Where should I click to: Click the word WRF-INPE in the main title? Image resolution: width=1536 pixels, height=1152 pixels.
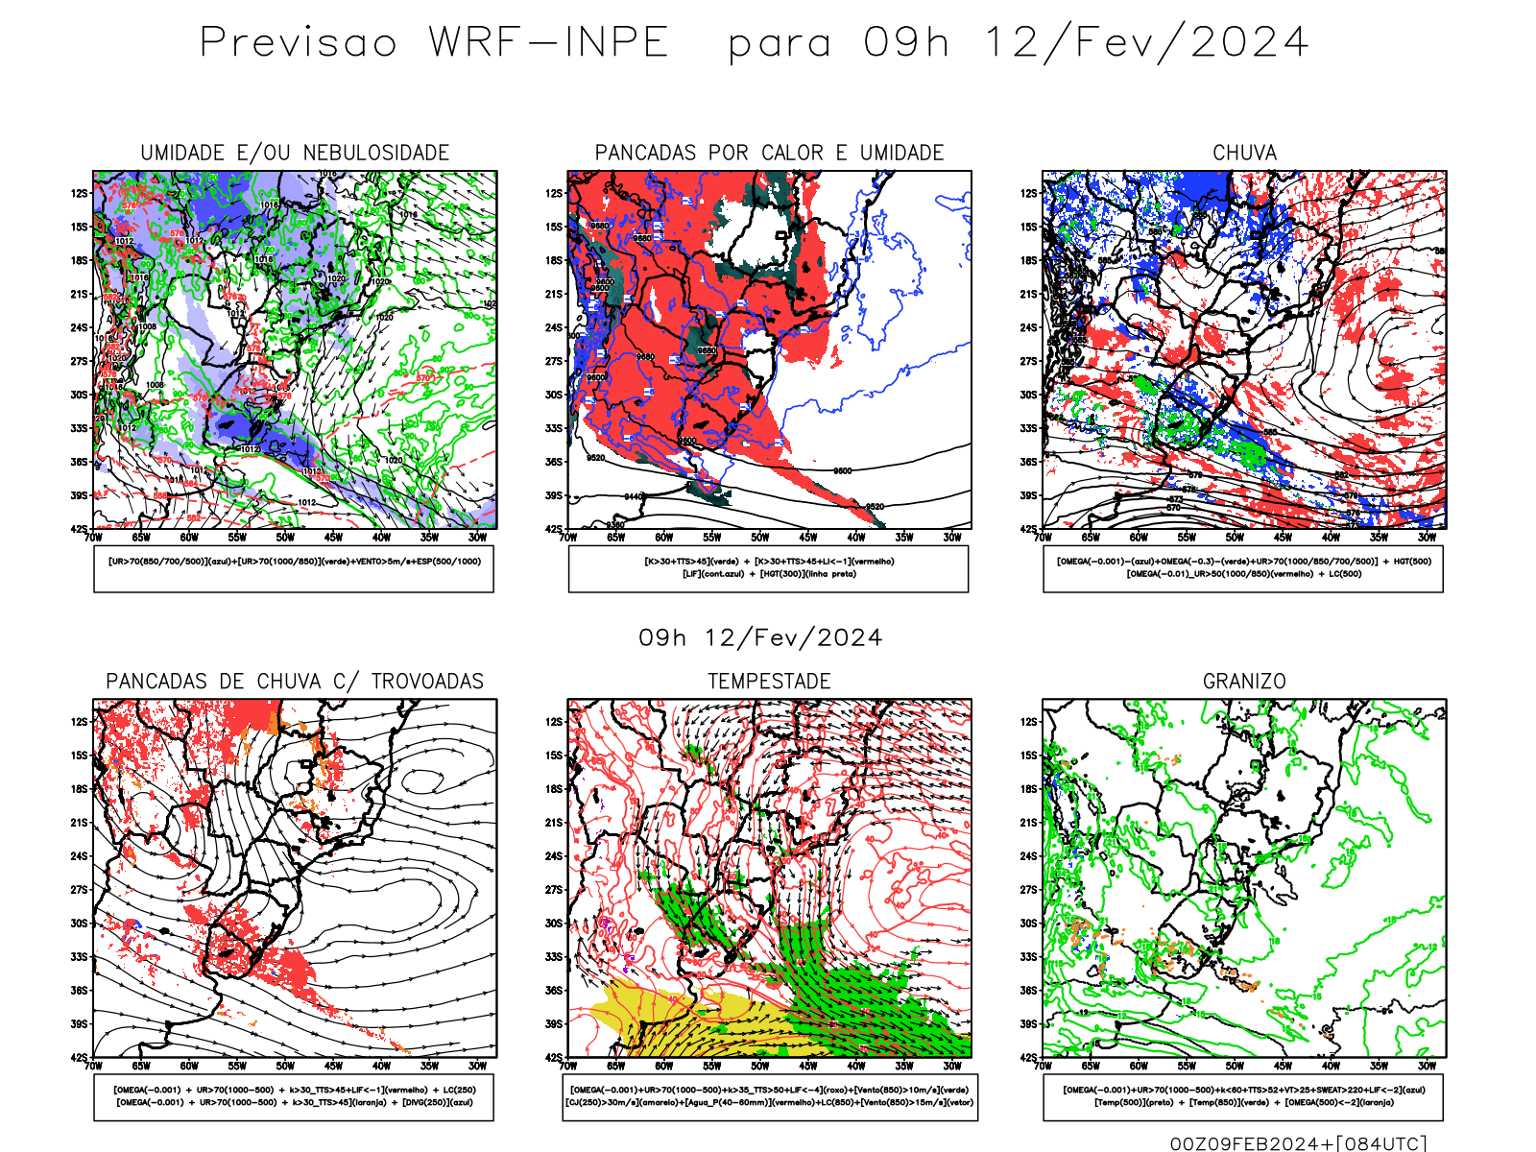548,43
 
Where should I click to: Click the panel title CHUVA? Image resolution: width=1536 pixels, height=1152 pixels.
1244,153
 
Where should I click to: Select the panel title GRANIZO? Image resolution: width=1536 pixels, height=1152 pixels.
1244,682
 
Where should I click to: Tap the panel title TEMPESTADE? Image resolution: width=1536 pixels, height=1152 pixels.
769,682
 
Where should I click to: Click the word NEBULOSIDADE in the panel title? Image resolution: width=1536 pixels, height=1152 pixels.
375,153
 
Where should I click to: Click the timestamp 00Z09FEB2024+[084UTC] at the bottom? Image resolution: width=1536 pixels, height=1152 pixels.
1298,1142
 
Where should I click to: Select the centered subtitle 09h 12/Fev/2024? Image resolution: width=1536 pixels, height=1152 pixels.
760,638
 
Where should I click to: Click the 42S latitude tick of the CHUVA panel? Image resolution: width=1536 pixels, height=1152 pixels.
1028,529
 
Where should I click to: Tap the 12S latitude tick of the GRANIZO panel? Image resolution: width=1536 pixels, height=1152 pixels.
1028,722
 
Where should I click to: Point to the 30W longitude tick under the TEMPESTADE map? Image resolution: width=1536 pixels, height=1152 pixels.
951,1066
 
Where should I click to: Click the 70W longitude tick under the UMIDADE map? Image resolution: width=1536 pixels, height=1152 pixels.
93,538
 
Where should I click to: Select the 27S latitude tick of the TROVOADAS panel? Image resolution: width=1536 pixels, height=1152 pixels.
78,890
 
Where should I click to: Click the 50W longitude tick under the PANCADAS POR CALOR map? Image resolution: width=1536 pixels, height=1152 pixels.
759,538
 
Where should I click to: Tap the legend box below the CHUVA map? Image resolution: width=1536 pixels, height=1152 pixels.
1243,568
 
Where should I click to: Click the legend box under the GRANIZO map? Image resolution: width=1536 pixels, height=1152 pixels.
1243,1096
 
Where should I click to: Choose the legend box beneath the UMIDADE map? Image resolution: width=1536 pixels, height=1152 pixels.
294,568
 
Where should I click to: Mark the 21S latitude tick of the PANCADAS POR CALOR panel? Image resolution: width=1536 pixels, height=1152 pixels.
554,294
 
